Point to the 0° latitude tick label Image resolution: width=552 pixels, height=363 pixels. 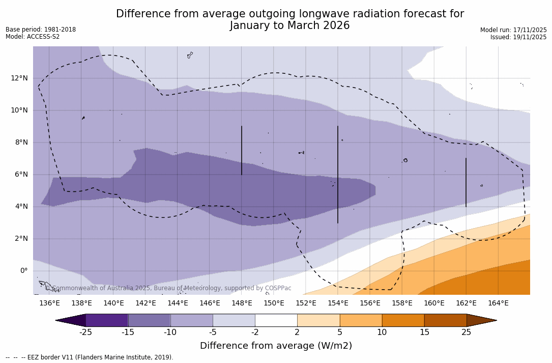(x=23, y=271)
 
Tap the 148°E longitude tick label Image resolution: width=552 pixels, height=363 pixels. (x=242, y=303)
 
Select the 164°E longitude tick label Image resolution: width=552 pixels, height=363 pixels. (x=498, y=303)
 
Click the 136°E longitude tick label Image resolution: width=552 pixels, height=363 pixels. (x=49, y=303)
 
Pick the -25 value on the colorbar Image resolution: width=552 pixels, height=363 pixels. (x=85, y=332)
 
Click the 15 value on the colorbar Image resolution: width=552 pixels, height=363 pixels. (x=424, y=332)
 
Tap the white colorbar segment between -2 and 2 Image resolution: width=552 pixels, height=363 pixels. (x=276, y=320)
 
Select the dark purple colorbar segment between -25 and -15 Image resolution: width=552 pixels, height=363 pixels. (x=107, y=320)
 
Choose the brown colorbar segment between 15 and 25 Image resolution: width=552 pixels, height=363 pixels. (x=445, y=320)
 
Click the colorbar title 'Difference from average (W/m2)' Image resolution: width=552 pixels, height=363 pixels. (x=276, y=346)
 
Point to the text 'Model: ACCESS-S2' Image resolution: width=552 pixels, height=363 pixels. (x=33, y=37)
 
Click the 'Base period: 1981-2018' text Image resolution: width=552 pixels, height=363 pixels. (x=41, y=30)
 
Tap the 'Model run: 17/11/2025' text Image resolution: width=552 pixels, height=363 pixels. (x=513, y=30)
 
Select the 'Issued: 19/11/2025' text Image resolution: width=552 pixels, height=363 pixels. (x=518, y=37)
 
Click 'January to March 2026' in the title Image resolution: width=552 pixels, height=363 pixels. (x=289, y=25)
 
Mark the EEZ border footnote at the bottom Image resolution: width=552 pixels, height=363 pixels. (x=89, y=357)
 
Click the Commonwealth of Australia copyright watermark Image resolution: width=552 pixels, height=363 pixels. (x=168, y=288)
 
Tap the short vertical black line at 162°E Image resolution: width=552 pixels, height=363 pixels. (x=466, y=182)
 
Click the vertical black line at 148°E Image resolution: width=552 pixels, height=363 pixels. (x=242, y=150)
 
